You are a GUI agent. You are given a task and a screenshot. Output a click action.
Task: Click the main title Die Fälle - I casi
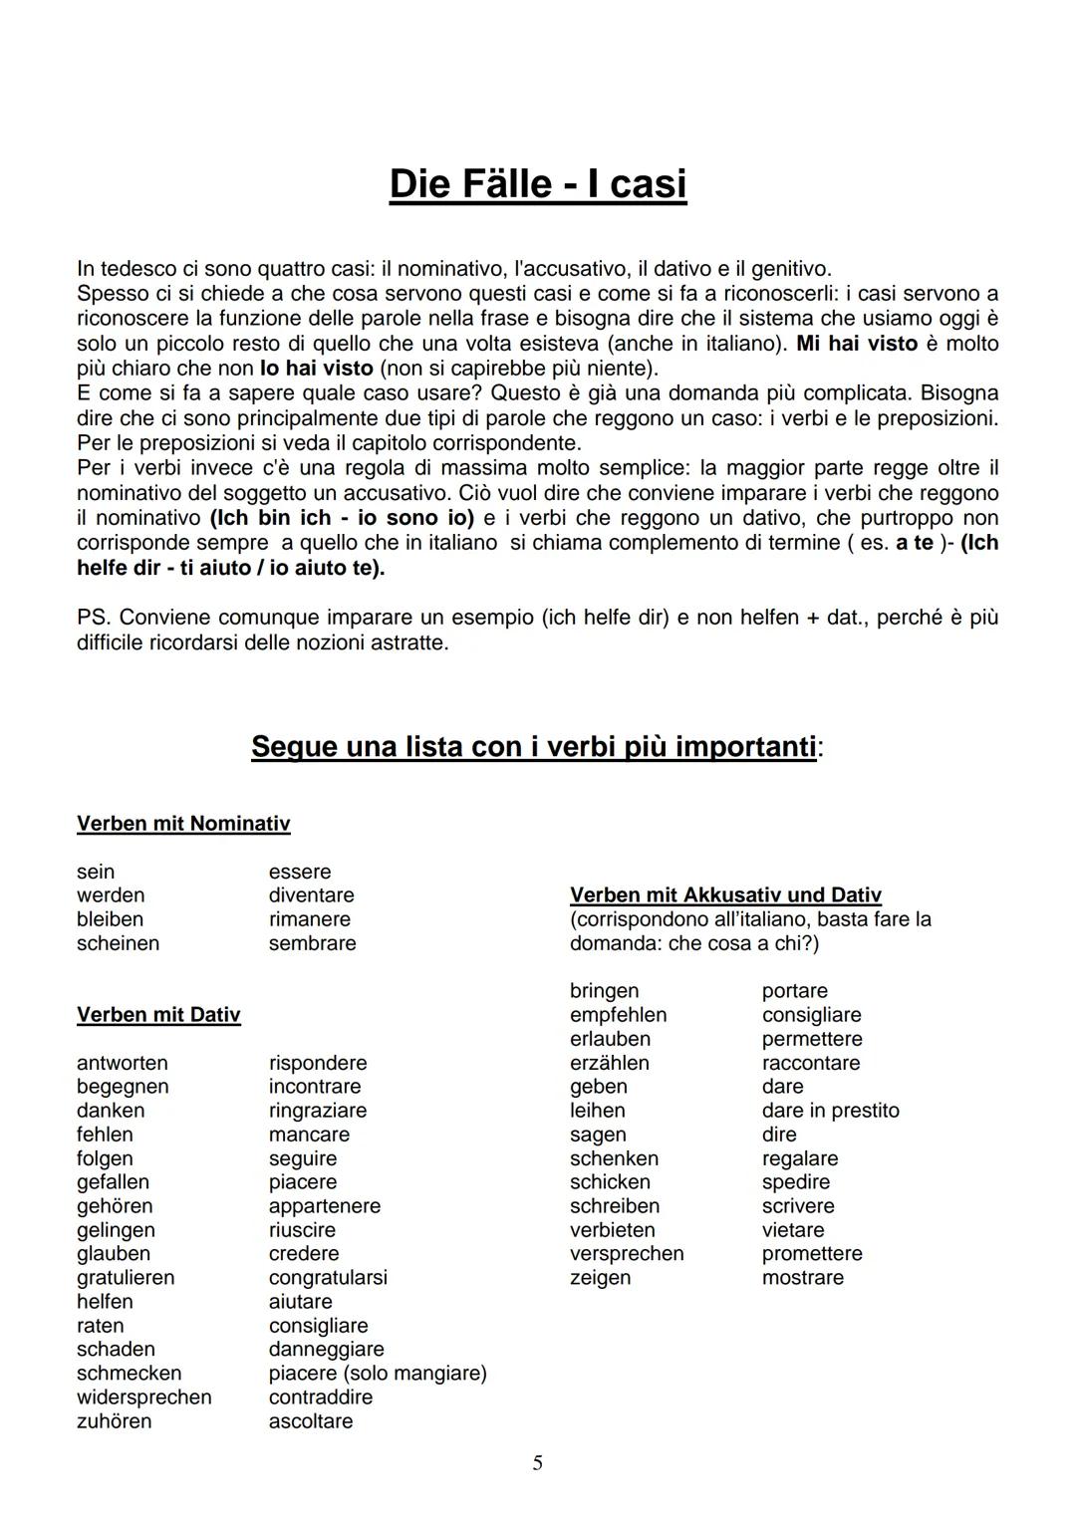click(538, 184)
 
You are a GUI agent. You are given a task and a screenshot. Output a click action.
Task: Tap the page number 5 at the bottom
click(538, 1463)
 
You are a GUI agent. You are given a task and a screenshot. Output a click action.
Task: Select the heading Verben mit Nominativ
click(183, 824)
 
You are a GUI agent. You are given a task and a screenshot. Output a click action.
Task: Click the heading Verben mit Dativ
click(158, 1015)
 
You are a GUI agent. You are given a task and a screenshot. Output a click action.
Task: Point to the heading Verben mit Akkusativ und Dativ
click(725, 895)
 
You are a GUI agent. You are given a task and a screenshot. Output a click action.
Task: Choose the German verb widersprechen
click(144, 1397)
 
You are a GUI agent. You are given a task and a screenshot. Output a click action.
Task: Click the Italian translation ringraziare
click(318, 1111)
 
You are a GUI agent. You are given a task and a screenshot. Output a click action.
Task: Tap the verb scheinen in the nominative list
click(118, 943)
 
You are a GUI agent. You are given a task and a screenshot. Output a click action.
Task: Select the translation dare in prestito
click(830, 1111)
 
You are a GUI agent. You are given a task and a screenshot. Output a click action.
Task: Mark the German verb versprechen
click(627, 1254)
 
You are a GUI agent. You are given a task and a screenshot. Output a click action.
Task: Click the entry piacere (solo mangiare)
click(378, 1374)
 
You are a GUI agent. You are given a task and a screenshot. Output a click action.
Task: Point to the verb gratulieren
click(126, 1278)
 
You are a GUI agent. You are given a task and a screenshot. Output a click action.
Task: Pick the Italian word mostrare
click(802, 1278)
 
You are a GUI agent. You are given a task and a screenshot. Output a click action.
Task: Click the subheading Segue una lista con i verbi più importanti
click(534, 746)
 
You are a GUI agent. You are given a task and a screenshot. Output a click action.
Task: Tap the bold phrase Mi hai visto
click(857, 344)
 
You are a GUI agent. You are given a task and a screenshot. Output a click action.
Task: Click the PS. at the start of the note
click(95, 618)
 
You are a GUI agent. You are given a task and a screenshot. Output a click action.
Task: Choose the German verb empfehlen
click(618, 1015)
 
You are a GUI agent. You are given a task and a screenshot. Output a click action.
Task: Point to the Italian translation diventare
click(311, 895)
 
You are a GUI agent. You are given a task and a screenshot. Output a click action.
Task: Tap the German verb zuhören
click(115, 1421)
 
